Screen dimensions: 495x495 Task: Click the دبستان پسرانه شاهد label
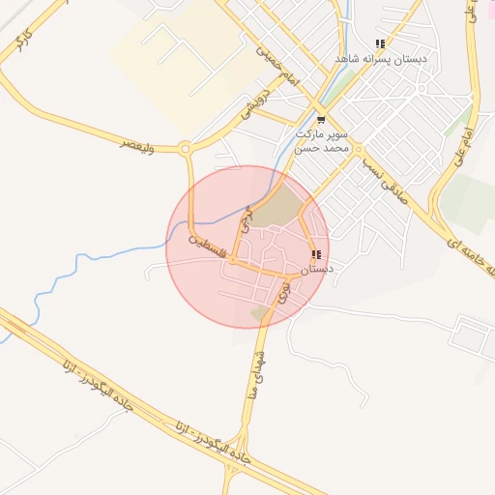[381, 59]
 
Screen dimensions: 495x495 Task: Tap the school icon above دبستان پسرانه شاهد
[380, 44]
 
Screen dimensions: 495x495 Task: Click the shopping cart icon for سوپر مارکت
[320, 121]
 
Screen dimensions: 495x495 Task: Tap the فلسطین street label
[212, 241]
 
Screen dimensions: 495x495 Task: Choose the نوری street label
[283, 293]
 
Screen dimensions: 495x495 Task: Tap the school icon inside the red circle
[316, 255]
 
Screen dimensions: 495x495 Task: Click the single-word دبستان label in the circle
[315, 270]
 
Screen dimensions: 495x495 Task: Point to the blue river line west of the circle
[106, 254]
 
